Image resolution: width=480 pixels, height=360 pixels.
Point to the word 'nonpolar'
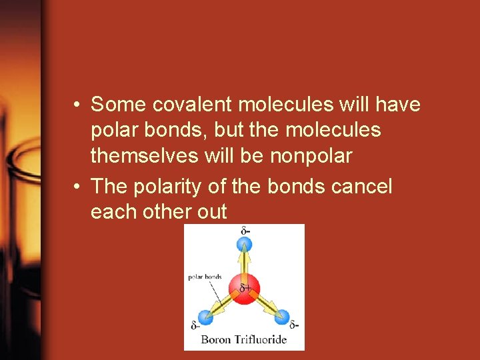(x=311, y=155)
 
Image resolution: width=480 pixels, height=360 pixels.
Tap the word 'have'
(x=399, y=105)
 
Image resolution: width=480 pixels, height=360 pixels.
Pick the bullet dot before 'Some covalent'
(x=78, y=105)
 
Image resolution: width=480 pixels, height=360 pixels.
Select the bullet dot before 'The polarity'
(x=78, y=187)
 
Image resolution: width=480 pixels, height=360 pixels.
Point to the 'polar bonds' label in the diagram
(x=205, y=276)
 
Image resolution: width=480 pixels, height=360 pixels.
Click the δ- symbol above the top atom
(x=245, y=231)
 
